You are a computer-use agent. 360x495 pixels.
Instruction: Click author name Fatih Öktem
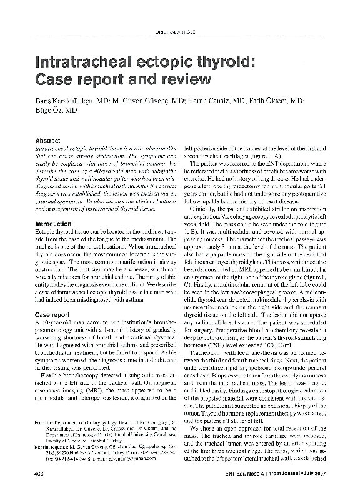point(269,100)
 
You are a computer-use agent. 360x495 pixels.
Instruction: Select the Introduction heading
point(53,223)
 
